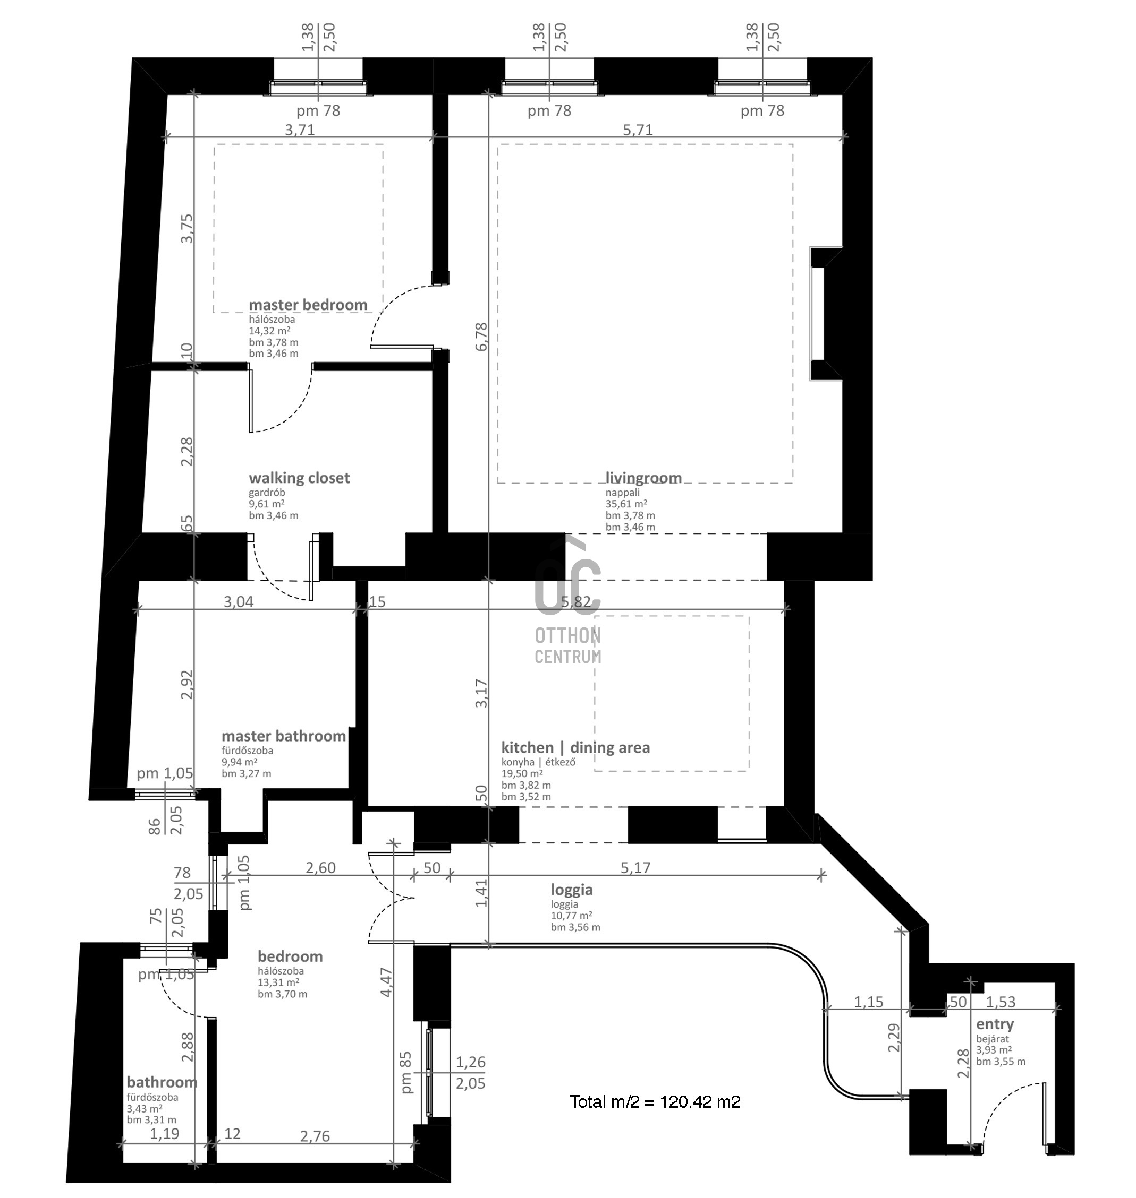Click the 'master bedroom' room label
click(x=308, y=305)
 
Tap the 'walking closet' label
click(x=299, y=478)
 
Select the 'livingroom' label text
click(x=643, y=479)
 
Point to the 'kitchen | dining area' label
click(x=575, y=748)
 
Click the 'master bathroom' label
click(x=283, y=736)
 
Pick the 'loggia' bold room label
click(x=572, y=890)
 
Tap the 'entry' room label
click(x=995, y=1024)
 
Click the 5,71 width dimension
click(x=638, y=130)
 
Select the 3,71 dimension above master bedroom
click(x=300, y=130)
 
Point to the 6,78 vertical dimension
click(x=481, y=337)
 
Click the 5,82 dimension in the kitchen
click(x=576, y=602)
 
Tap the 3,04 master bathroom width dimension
click(x=239, y=602)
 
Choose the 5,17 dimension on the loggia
click(x=635, y=868)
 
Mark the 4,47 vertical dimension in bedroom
click(x=386, y=982)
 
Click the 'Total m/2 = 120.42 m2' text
click(x=655, y=1102)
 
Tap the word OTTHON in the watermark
click(x=567, y=636)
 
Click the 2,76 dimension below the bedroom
click(x=315, y=1136)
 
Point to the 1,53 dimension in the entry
click(x=1001, y=1002)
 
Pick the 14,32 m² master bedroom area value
click(x=269, y=331)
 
